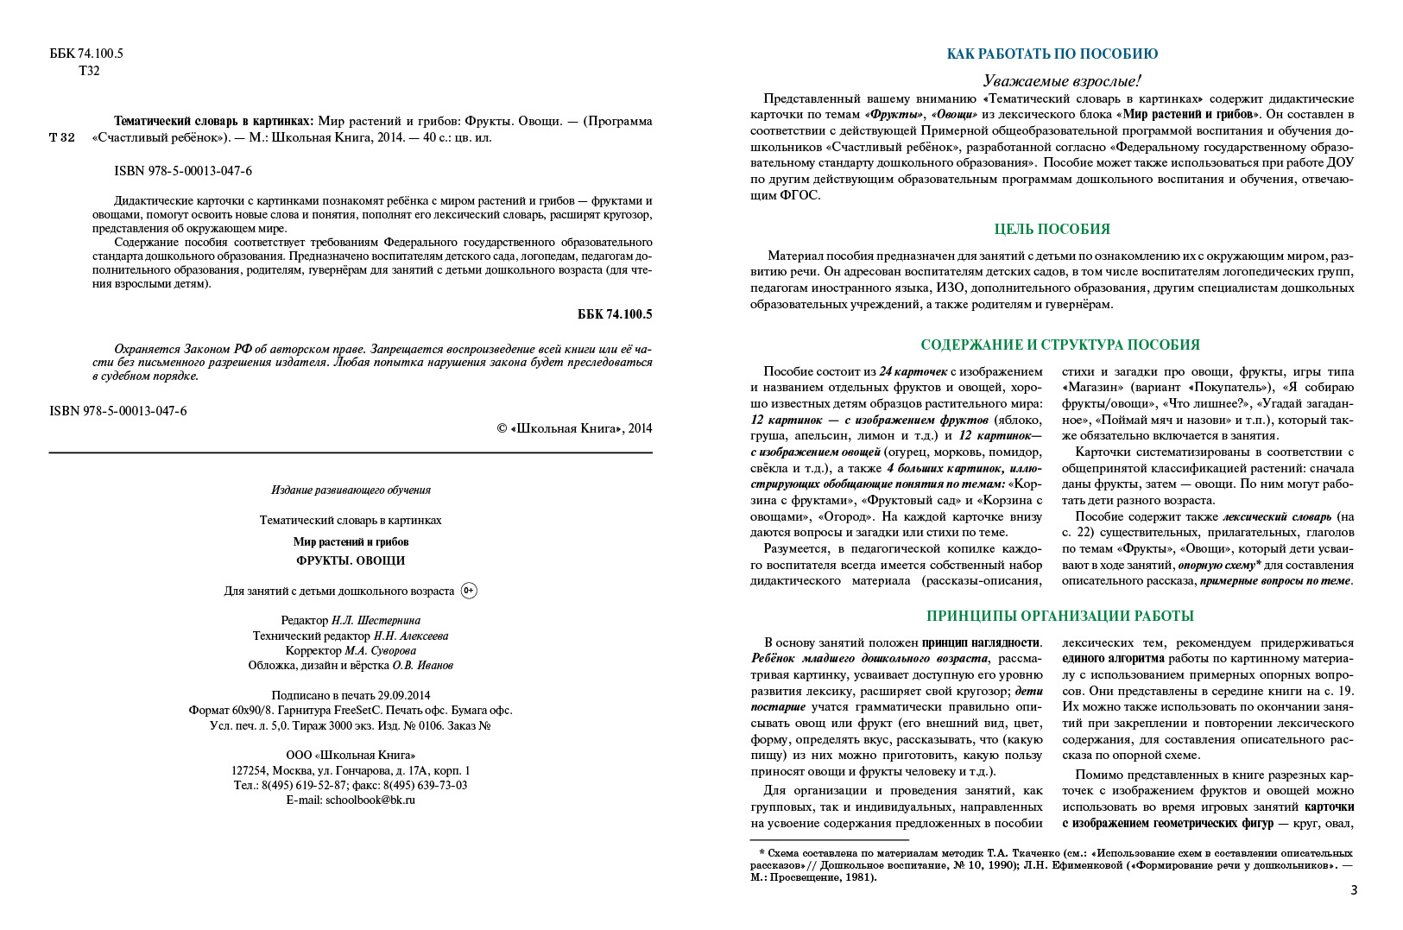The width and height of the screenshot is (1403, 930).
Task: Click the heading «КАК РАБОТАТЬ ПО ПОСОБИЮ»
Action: [x=1052, y=54]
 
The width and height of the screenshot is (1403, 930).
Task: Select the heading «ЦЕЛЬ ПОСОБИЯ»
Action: [x=1052, y=229]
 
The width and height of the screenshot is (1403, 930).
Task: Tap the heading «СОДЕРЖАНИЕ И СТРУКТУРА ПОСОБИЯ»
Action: [x=1059, y=345]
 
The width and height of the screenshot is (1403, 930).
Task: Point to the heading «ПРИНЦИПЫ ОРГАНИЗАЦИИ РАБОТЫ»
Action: [x=1059, y=616]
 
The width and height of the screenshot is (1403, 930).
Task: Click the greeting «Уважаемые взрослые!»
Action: [x=1061, y=80]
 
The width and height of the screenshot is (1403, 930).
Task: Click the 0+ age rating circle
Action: [x=469, y=591]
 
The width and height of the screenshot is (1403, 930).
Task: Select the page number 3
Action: [x=1353, y=889]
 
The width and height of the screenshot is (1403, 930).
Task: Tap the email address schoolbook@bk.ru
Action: [x=370, y=800]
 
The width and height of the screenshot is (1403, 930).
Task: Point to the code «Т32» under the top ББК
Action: [x=89, y=71]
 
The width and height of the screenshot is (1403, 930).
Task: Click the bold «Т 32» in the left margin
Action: [x=62, y=137]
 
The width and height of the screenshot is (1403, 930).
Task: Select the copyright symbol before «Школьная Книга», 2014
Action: [x=502, y=428]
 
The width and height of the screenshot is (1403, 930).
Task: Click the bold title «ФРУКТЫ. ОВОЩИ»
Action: [x=351, y=560]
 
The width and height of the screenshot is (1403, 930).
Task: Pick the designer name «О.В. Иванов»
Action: [x=422, y=665]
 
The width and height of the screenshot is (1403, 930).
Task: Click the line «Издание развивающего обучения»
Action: [x=351, y=490]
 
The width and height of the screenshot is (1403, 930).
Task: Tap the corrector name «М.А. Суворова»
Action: [x=380, y=650]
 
